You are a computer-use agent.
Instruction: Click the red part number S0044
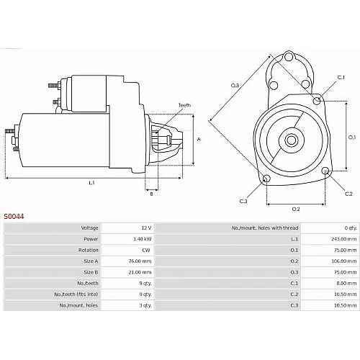coord(14,217)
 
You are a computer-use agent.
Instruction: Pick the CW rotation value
coord(146,250)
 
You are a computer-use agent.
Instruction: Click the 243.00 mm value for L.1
coord(344,239)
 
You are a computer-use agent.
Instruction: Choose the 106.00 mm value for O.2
coord(344,261)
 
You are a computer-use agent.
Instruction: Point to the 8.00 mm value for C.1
coord(346,283)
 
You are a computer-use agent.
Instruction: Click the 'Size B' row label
coord(91,272)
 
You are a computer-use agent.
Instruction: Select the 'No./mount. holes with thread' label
coord(265,228)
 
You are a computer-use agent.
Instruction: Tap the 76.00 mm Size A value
coord(140,261)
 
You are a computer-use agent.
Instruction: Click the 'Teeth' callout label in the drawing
coord(184,105)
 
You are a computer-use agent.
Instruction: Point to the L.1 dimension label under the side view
coord(91,183)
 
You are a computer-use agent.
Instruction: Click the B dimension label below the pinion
coord(151,194)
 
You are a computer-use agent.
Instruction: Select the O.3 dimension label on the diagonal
coord(235,85)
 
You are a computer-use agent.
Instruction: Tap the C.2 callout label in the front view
coord(348,194)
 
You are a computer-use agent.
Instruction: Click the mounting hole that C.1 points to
coord(317,101)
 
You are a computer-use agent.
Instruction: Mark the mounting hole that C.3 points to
coord(266,179)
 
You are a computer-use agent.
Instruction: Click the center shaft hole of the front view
coord(292,140)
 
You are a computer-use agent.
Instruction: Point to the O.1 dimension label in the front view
coord(352,138)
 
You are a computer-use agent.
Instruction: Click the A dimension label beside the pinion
coord(199,139)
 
